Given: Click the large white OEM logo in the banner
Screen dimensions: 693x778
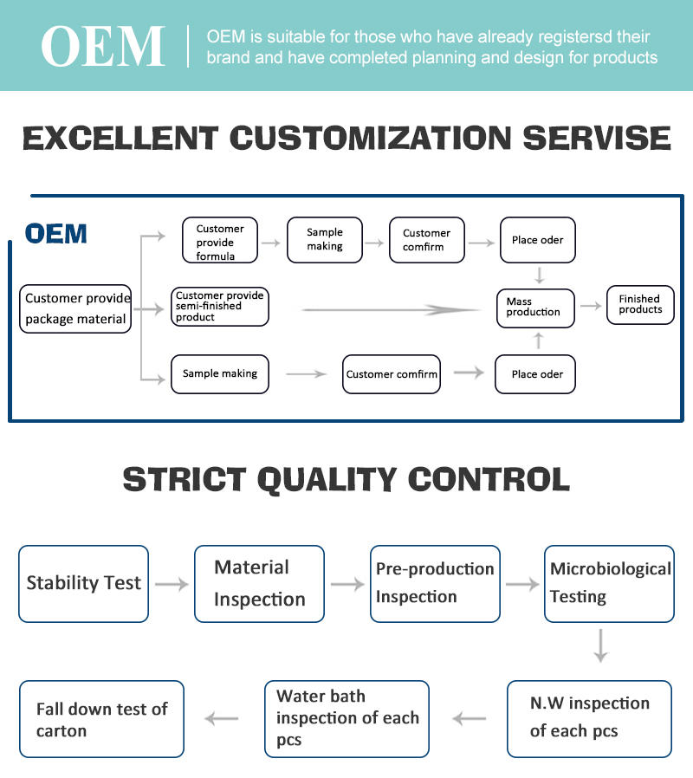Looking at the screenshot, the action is [x=103, y=46].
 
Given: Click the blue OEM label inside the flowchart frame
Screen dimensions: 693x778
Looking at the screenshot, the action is [x=56, y=234].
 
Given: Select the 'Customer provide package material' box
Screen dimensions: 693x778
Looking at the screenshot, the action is [x=75, y=308].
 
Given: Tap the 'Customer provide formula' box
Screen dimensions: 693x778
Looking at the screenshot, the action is [x=220, y=240].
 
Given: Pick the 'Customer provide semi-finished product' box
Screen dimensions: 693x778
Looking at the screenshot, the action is [x=220, y=307].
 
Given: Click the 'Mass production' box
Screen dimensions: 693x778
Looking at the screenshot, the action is [x=535, y=308].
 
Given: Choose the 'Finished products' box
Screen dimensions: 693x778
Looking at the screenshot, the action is [x=640, y=305].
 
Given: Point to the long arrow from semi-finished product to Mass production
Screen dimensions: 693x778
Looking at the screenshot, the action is [x=390, y=310].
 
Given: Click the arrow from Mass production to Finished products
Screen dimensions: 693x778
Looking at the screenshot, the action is [x=591, y=306].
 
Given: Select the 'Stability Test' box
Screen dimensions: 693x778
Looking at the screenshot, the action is [x=83, y=584].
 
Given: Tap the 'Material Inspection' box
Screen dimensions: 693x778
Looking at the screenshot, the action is [x=259, y=584].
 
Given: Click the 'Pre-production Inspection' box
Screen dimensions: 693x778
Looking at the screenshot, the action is [x=435, y=584].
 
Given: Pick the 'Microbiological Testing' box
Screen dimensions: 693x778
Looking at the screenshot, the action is [x=609, y=584].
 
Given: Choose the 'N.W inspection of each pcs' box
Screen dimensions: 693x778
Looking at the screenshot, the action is [x=589, y=719].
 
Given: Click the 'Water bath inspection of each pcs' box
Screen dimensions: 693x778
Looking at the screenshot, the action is [x=346, y=719].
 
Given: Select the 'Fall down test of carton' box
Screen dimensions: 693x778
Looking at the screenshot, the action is [x=101, y=719].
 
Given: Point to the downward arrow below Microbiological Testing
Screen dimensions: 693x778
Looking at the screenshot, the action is [x=600, y=645].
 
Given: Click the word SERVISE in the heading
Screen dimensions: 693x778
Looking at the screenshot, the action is [x=597, y=138].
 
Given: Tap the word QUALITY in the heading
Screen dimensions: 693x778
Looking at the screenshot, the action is [x=327, y=480].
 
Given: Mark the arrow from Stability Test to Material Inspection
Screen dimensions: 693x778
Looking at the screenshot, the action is [x=172, y=584].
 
